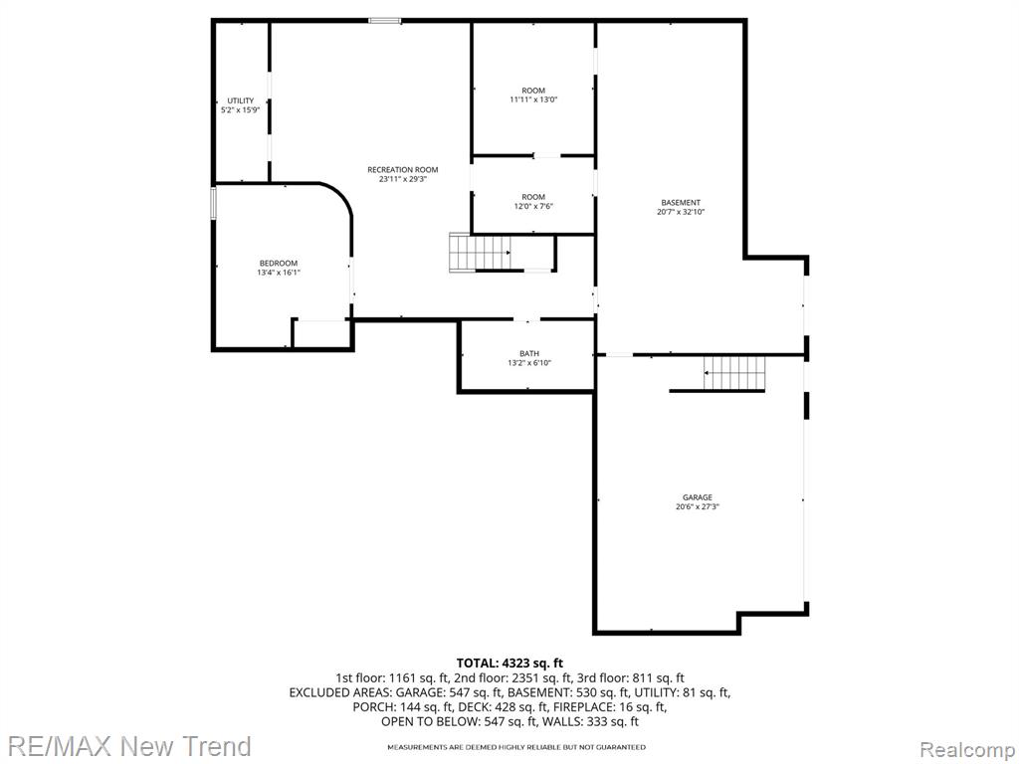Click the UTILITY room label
pyautogui.click(x=241, y=100)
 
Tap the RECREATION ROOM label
pyautogui.click(x=403, y=169)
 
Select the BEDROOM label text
pyautogui.click(x=279, y=263)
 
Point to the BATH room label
pyautogui.click(x=529, y=353)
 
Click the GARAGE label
pyautogui.click(x=698, y=497)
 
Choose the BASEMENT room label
pyautogui.click(x=681, y=203)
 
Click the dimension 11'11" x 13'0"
pyautogui.click(x=533, y=99)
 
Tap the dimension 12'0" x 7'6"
pyautogui.click(x=533, y=206)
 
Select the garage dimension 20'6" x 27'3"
pyautogui.click(x=698, y=506)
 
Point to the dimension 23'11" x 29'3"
pyautogui.click(x=403, y=179)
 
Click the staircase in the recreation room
pyautogui.click(x=480, y=252)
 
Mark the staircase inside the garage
pyautogui.click(x=735, y=373)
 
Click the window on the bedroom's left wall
pyautogui.click(x=213, y=203)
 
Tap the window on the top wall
pyautogui.click(x=385, y=21)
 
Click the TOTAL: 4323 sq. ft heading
pyautogui.click(x=509, y=664)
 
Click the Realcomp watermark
pyautogui.click(x=968, y=750)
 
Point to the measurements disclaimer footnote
pyautogui.click(x=516, y=748)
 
